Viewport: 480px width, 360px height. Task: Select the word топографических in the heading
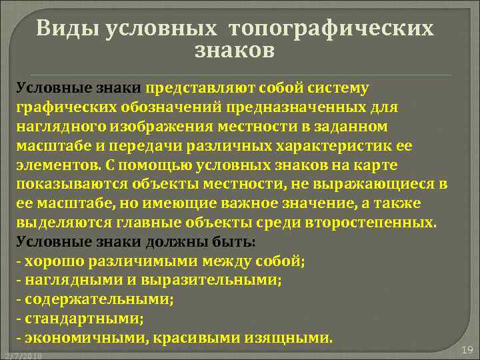[331, 28]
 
